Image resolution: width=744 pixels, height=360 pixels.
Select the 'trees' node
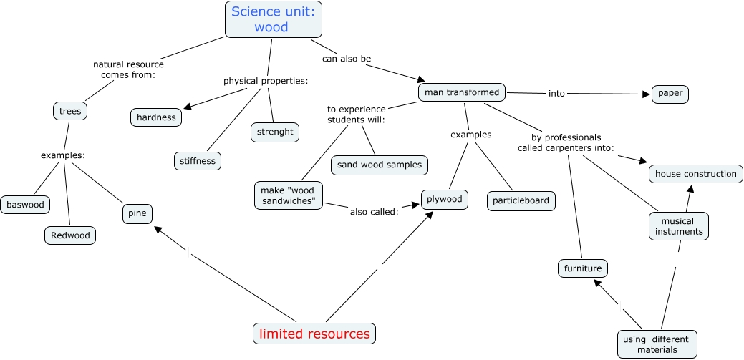tap(70, 111)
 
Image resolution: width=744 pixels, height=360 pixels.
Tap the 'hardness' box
tap(156, 117)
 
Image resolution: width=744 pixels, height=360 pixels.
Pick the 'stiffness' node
tap(198, 161)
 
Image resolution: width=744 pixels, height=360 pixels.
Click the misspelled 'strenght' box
tap(274, 132)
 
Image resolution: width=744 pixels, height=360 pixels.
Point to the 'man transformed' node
tap(462, 93)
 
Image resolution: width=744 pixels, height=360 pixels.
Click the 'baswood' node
tap(26, 205)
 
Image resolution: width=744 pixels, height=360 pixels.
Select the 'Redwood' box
tap(69, 235)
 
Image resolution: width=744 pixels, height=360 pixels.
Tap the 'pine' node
tap(136, 213)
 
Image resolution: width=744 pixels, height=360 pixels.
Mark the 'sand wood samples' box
tap(380, 165)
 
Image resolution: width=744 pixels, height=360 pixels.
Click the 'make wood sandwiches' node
tap(289, 195)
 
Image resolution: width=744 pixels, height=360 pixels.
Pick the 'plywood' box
tap(445, 200)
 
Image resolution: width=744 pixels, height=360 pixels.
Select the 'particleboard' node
tap(521, 200)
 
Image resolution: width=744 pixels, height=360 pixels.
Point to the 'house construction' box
tap(696, 174)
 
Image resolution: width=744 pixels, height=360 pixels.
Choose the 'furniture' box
tap(584, 268)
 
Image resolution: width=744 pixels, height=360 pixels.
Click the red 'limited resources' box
tap(314, 334)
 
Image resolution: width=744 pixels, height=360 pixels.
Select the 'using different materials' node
tap(657, 344)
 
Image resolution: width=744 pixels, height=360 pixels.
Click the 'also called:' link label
tap(374, 211)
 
